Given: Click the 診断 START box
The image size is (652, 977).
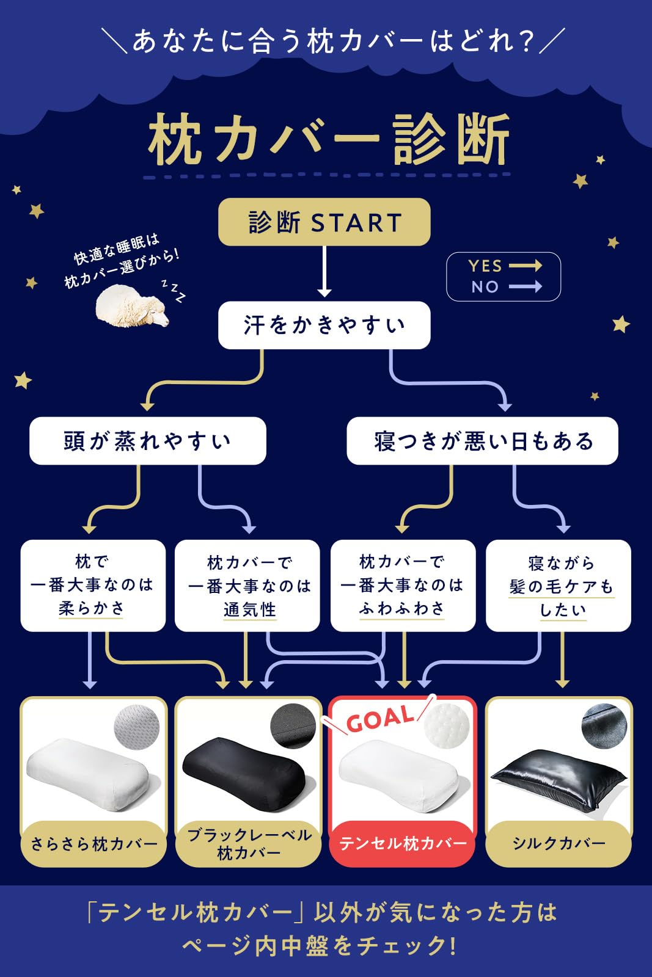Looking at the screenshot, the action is (x=324, y=222).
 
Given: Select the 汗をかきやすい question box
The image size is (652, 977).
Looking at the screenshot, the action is (x=324, y=325).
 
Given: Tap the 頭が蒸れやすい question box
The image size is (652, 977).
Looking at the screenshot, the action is (x=147, y=441).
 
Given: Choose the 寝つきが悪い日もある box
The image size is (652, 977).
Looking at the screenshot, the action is (x=482, y=441).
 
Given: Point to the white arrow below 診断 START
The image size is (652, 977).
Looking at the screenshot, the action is (x=324, y=271).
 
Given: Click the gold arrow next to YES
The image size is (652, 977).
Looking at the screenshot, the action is (x=526, y=265).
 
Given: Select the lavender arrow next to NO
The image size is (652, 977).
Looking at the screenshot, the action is (x=526, y=286).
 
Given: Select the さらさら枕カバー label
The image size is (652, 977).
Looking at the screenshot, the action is (x=93, y=844).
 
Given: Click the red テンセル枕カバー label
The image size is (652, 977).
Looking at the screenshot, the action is (x=402, y=844).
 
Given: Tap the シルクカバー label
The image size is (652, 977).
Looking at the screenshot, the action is (x=559, y=844).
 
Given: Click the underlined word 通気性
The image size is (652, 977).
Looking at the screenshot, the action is (x=250, y=609).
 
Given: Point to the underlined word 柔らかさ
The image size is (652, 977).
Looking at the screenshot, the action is (x=91, y=608).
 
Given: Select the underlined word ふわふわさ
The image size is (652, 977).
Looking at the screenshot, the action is (x=402, y=608).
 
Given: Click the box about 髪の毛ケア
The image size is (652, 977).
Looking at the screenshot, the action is (x=559, y=586).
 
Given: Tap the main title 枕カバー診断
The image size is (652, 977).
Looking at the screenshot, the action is (x=329, y=140).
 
